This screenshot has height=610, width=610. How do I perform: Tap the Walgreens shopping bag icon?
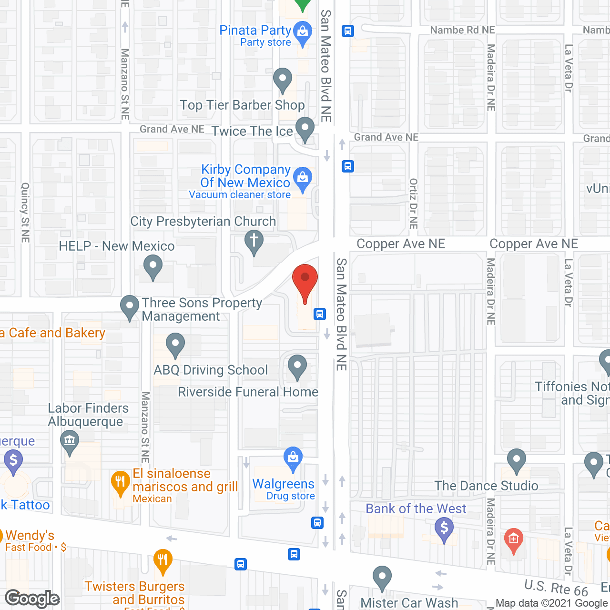click(293, 458)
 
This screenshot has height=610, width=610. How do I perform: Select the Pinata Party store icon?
click(302, 33)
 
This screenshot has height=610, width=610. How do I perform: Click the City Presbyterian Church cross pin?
click(254, 241)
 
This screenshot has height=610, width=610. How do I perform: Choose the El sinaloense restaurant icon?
click(120, 482)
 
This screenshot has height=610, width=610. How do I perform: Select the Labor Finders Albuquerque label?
click(88, 415)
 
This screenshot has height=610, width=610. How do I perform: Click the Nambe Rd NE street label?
click(462, 30)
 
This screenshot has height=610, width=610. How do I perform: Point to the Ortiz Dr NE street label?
click(413, 203)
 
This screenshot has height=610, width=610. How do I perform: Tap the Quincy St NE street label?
click(25, 212)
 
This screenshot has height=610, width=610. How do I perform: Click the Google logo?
click(32, 599)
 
